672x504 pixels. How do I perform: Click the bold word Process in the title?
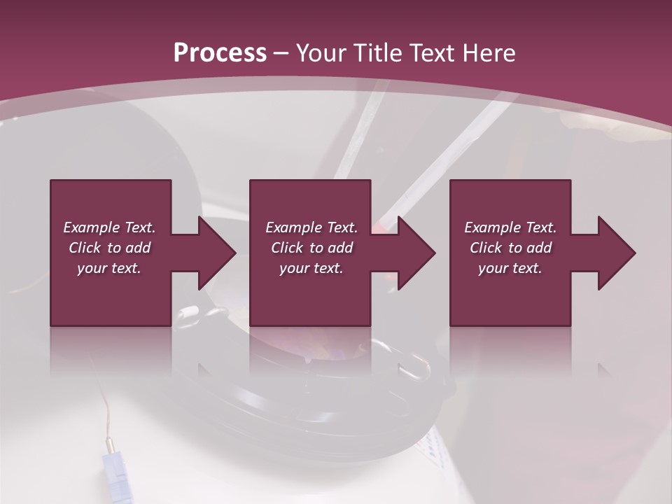click(x=220, y=53)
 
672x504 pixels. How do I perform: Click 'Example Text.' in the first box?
click(x=109, y=227)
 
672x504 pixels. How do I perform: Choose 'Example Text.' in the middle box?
click(x=311, y=227)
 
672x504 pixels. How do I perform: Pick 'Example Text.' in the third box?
click(x=510, y=227)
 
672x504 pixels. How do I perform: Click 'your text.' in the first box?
click(x=109, y=268)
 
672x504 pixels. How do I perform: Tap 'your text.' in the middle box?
click(x=311, y=268)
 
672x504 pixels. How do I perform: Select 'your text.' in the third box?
click(x=510, y=268)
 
